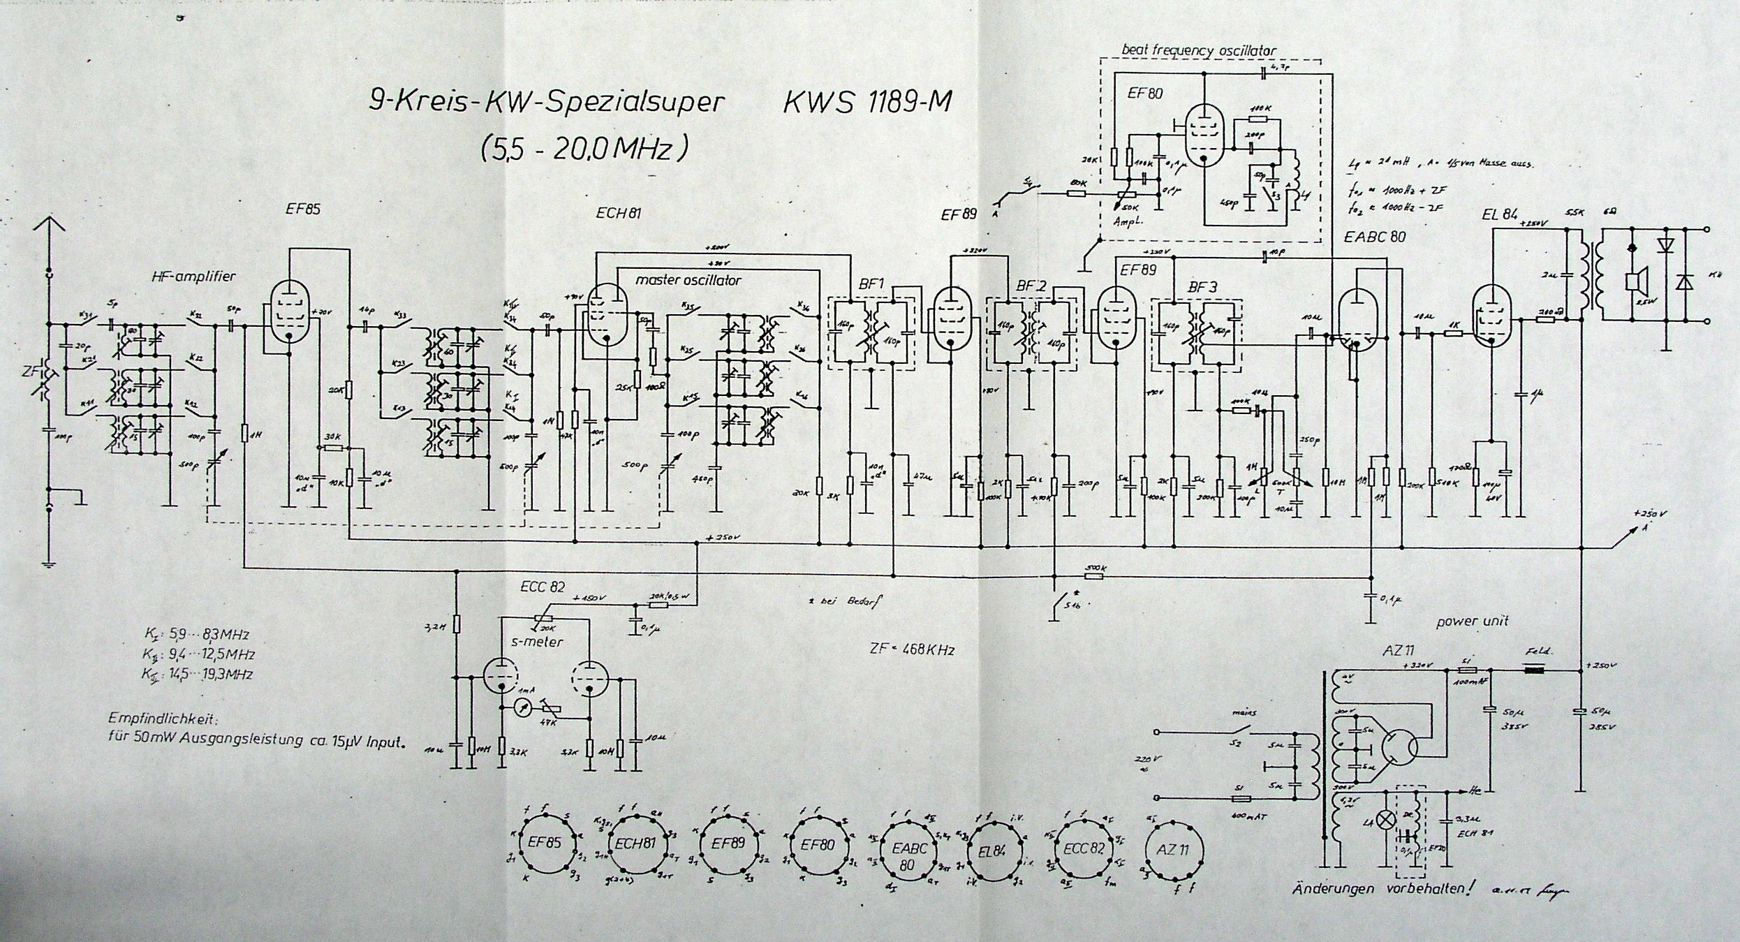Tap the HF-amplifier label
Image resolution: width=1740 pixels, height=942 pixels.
coord(193,277)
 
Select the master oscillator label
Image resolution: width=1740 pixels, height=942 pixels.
coord(687,280)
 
